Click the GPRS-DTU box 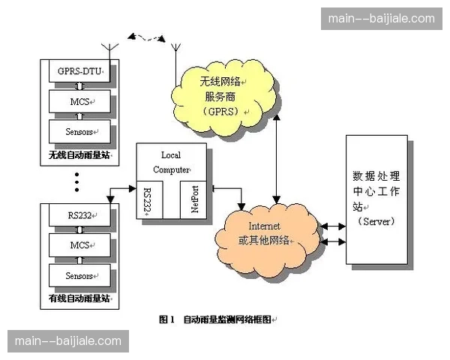point(79,72)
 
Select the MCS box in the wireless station point(79,100)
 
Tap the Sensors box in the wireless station point(79,132)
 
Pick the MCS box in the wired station point(79,246)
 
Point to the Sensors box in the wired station point(79,276)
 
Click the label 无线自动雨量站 point(79,157)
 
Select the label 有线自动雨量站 point(79,298)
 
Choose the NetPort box point(194,199)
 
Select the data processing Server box point(376,199)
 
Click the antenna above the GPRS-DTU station point(110,53)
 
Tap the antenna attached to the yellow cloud point(176,56)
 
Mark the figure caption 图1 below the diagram point(217,319)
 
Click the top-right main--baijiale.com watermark point(382,19)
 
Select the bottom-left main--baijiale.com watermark point(67,341)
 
